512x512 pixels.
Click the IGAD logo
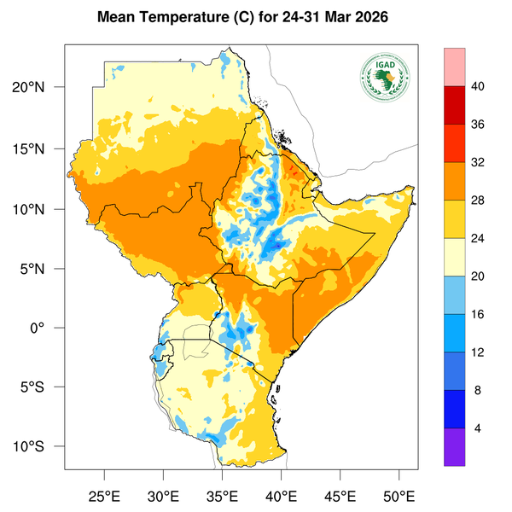[385, 75]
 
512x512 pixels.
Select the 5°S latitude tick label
[42, 387]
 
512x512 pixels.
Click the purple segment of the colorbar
[455, 447]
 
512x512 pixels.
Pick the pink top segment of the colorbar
[455, 67]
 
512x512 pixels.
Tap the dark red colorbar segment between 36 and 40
[455, 105]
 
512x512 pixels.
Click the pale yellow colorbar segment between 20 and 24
[455, 257]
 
